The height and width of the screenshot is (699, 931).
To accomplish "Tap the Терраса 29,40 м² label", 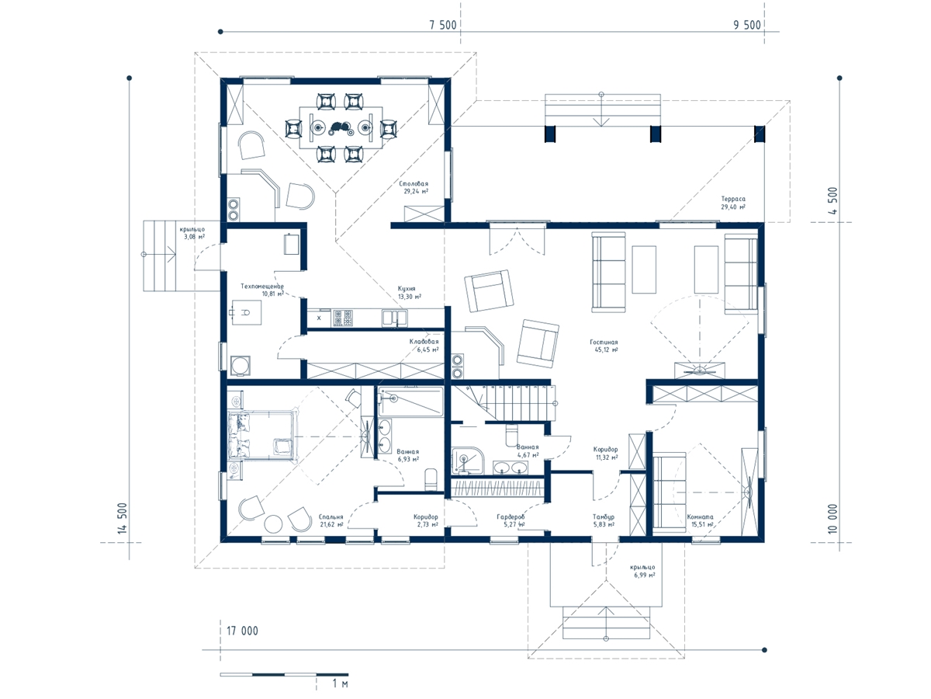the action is click(733, 203).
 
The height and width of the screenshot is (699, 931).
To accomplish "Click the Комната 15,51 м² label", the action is click(700, 520).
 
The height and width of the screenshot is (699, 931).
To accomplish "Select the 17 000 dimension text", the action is click(242, 631).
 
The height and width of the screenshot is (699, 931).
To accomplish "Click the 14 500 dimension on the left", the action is click(123, 518).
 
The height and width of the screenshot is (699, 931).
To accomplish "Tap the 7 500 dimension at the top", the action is click(443, 25).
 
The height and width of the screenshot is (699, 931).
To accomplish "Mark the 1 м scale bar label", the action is click(340, 683).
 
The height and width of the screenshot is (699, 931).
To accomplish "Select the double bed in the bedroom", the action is click(261, 434).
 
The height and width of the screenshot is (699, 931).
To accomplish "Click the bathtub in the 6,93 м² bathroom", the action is click(410, 402).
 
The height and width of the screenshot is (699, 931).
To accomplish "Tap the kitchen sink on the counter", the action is click(394, 318).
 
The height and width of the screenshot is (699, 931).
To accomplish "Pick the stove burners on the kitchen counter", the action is click(343, 318).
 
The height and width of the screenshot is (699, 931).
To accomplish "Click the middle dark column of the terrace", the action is click(656, 134).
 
